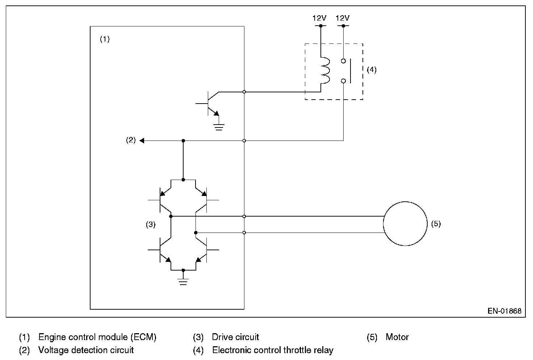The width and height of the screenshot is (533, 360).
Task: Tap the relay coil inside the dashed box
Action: (x=325, y=71)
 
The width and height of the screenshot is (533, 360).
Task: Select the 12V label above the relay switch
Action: (x=343, y=18)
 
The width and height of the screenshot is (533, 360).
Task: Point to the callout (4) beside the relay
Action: (x=372, y=70)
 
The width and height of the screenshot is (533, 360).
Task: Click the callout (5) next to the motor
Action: (x=436, y=223)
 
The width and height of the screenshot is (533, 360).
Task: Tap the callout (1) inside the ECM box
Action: (x=105, y=39)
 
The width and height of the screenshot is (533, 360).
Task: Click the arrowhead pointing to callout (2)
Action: (x=142, y=141)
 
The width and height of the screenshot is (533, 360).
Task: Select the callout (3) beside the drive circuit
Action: (x=151, y=225)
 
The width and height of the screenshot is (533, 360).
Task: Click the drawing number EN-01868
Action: (x=504, y=311)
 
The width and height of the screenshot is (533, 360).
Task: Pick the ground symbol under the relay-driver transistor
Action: (x=219, y=127)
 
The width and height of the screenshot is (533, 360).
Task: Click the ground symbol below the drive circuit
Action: (x=183, y=281)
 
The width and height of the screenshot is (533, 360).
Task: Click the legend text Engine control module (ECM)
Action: (x=97, y=337)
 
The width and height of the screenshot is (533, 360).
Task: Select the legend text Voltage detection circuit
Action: (x=86, y=350)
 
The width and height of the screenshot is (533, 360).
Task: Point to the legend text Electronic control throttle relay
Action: (x=273, y=350)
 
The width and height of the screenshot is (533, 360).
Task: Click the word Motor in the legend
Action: (x=397, y=337)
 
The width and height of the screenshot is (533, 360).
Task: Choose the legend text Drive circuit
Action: (x=235, y=337)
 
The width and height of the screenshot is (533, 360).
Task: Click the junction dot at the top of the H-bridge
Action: (x=183, y=180)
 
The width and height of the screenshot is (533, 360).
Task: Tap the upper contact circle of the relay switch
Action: (x=343, y=61)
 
